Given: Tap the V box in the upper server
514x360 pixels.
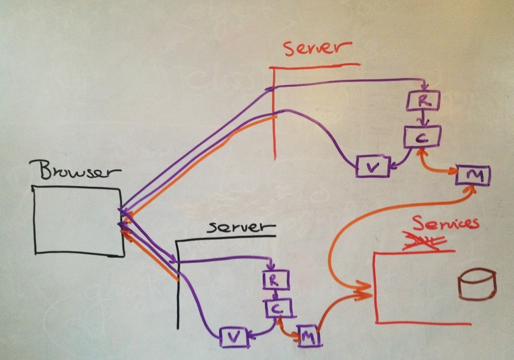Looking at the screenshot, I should click(x=372, y=166).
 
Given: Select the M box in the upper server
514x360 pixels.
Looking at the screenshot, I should click(x=473, y=176).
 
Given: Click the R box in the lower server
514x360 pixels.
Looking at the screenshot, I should click(x=276, y=280).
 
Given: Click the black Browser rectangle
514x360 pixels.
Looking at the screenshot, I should click(x=79, y=221).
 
